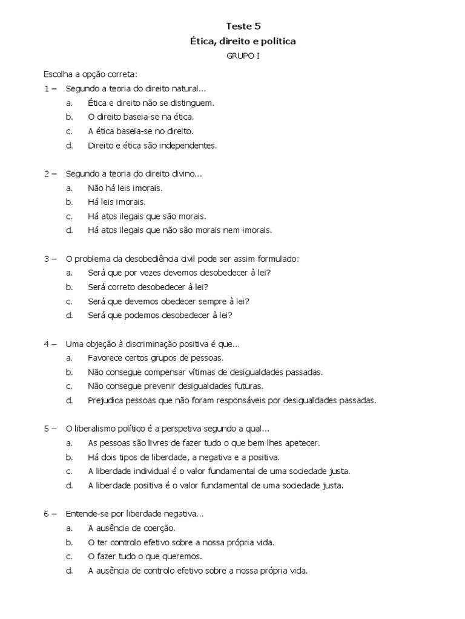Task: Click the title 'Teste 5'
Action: point(243,26)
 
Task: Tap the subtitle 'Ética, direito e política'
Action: point(243,41)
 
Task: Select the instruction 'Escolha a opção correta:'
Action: point(90,75)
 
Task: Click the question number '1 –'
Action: point(50,89)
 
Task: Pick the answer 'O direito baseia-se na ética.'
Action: point(140,117)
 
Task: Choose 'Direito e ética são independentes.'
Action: point(152,145)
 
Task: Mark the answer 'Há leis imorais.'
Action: point(117,202)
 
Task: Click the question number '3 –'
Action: point(50,259)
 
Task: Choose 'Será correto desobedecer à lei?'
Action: point(152,287)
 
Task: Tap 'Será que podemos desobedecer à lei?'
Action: point(160,315)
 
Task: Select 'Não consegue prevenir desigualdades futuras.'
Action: point(176,386)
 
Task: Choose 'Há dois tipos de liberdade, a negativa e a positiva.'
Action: point(183,457)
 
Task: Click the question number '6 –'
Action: point(50,514)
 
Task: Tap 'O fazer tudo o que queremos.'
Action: point(145,556)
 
